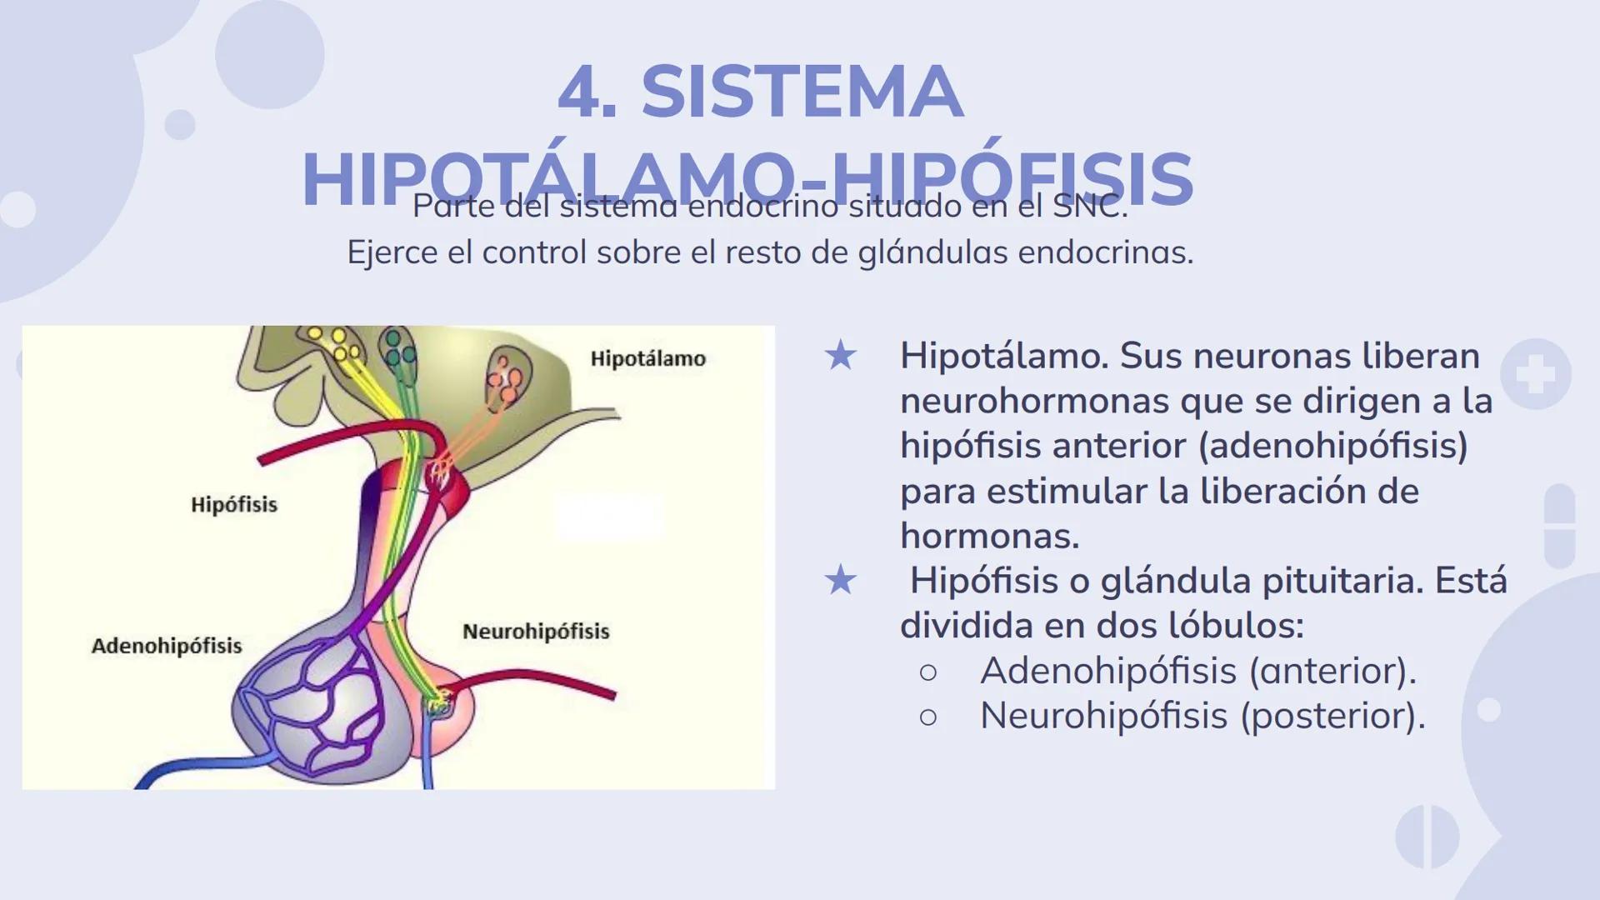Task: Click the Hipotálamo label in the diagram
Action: point(647,358)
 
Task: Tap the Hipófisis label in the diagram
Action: point(234,504)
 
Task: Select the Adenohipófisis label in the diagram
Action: point(167,645)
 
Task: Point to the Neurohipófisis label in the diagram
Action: point(536,631)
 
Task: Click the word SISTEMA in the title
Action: point(802,92)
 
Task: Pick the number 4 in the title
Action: point(580,92)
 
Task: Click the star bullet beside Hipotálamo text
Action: point(840,356)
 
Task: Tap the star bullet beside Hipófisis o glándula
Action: point(840,580)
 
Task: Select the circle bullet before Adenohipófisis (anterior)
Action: point(927,672)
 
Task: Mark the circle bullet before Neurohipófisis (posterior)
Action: point(927,717)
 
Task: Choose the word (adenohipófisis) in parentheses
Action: point(1332,446)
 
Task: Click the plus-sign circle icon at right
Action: point(1535,374)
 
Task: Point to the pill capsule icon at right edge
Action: point(1559,526)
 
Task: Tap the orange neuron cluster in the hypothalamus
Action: point(506,379)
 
